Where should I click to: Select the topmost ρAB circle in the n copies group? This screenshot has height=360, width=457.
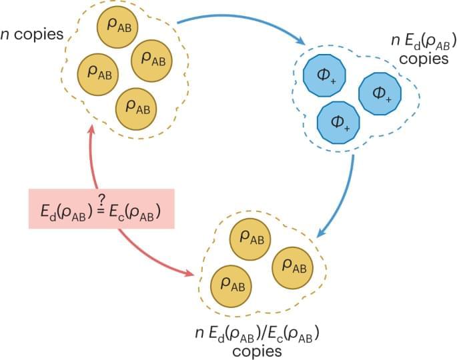click(x=119, y=25)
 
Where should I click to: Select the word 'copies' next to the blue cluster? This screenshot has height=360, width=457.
click(x=428, y=59)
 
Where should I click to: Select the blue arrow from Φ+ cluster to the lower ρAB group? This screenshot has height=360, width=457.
click(x=346, y=193)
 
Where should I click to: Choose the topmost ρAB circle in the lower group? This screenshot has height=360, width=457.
click(x=250, y=238)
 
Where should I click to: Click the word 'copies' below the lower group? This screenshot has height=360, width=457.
click(x=257, y=350)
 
